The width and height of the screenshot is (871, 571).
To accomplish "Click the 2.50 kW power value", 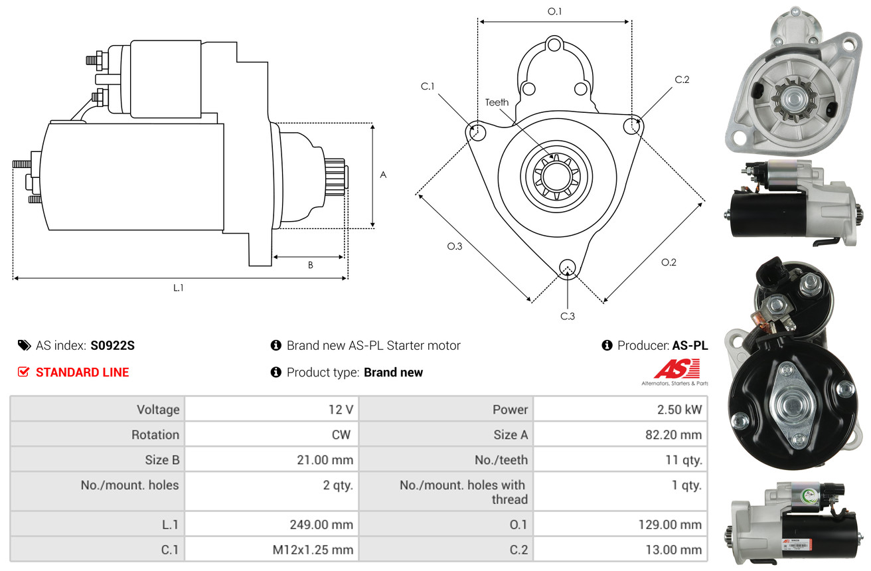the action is coord(679,409).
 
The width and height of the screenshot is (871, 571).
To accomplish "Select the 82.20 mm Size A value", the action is coord(673,434).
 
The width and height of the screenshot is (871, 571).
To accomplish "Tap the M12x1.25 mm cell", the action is coord(313,550).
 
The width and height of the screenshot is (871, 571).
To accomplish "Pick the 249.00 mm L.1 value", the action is coord(321,525).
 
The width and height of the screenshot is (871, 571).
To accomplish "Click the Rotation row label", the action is coord(155,434).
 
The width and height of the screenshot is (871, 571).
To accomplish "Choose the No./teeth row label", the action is coord(501,459).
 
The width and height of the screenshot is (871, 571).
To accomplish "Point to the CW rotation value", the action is coord(341,434).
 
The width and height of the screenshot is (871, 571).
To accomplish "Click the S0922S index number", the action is coord(112,345).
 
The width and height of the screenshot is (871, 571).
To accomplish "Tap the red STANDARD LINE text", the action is coord(82,372).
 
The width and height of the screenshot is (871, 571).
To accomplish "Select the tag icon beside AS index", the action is coord(24,345).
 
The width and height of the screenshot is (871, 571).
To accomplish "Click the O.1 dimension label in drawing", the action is coord(554,11).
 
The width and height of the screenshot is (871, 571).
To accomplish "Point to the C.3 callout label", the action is coord(568,316).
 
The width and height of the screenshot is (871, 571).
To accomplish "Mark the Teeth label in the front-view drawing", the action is coord(497,102).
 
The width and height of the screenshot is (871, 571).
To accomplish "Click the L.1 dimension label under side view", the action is coord(178,288).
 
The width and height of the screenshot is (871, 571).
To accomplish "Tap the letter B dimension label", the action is coord(310,266).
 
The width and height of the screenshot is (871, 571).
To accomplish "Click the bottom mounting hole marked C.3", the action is coord(568,268).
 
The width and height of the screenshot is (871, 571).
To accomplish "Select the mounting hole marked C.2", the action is coord(632,125).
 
